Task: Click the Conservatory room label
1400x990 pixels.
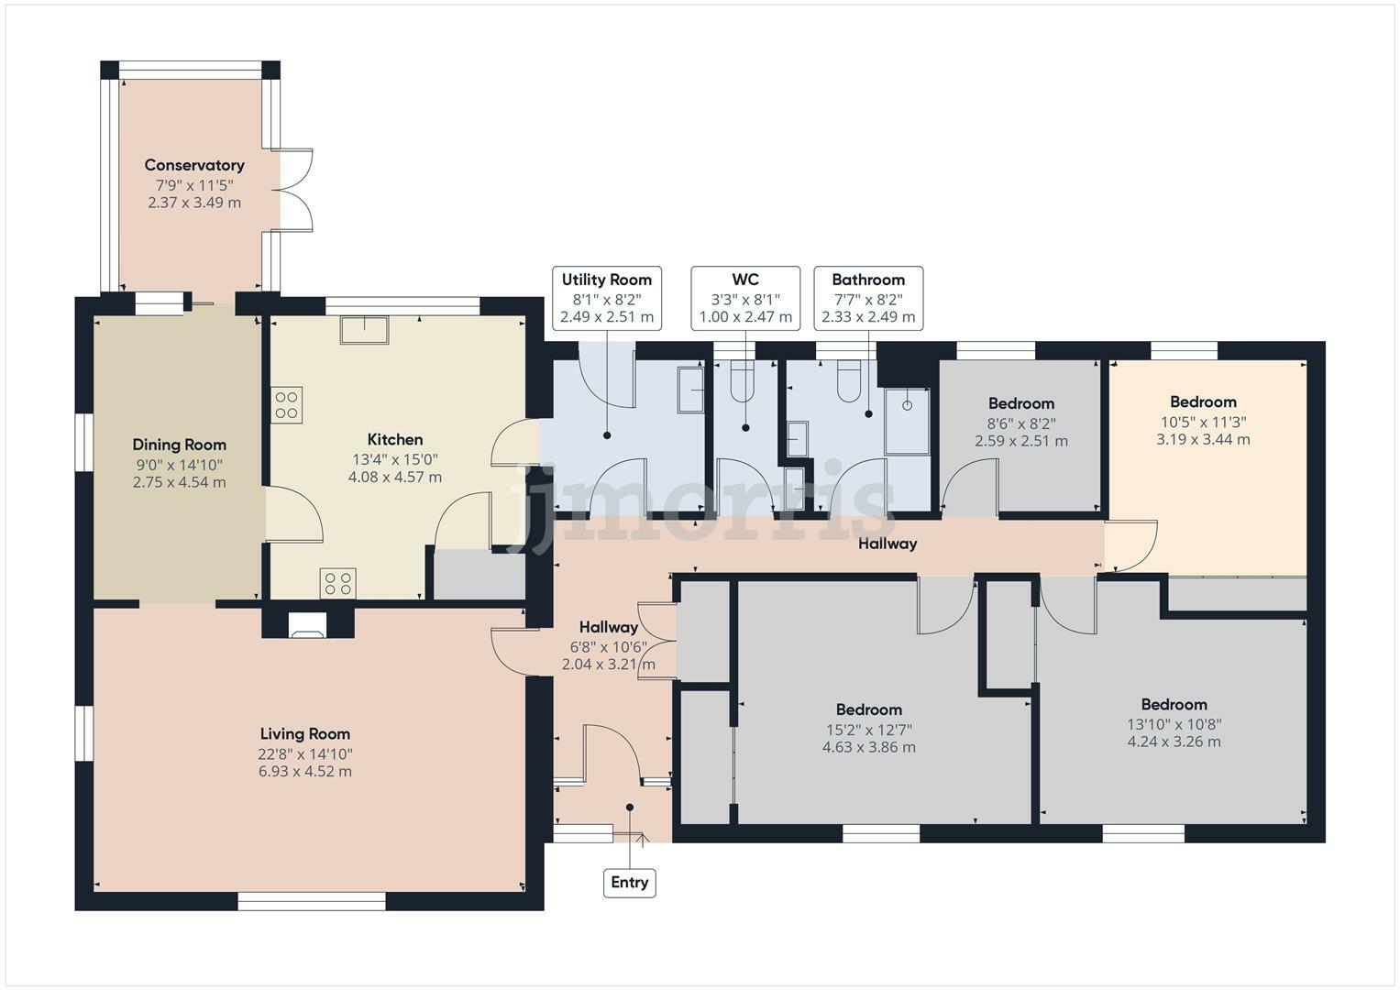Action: point(194,166)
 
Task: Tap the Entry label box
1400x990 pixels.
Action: point(629,883)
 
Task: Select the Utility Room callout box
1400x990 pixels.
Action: point(607,298)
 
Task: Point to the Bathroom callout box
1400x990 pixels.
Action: point(868,298)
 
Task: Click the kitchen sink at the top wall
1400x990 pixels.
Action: point(364,330)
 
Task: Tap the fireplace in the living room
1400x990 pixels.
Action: point(306,624)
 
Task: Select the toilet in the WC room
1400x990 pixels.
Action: point(741,383)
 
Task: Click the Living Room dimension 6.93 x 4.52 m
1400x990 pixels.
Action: point(305,772)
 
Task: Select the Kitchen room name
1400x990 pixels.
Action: point(395,440)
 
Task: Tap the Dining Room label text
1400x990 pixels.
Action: point(180,445)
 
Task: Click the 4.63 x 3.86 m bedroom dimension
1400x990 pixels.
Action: point(868,747)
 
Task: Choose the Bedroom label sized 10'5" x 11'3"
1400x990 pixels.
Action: point(1203,401)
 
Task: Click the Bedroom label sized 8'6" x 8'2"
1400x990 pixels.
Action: point(1020,403)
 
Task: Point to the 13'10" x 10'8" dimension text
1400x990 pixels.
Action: point(1174,723)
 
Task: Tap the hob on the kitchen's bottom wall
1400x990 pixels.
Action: point(337,584)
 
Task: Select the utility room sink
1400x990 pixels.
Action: point(690,390)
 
